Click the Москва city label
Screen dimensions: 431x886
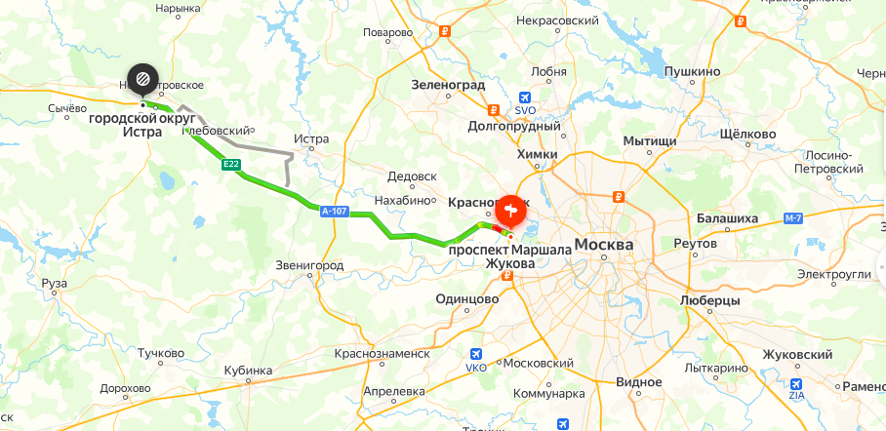click(604, 244)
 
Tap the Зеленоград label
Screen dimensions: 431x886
click(449, 85)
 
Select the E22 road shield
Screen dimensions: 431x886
click(231, 165)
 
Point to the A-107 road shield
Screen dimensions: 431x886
click(334, 210)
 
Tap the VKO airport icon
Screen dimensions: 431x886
click(476, 354)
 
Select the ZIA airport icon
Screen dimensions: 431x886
click(797, 385)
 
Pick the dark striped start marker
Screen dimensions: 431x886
click(142, 77)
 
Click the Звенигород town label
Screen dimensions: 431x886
click(310, 265)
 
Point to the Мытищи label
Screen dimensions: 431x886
click(650, 141)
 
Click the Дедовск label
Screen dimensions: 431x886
click(412, 176)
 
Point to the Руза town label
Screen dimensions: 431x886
click(55, 284)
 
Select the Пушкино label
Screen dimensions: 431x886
click(692, 72)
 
